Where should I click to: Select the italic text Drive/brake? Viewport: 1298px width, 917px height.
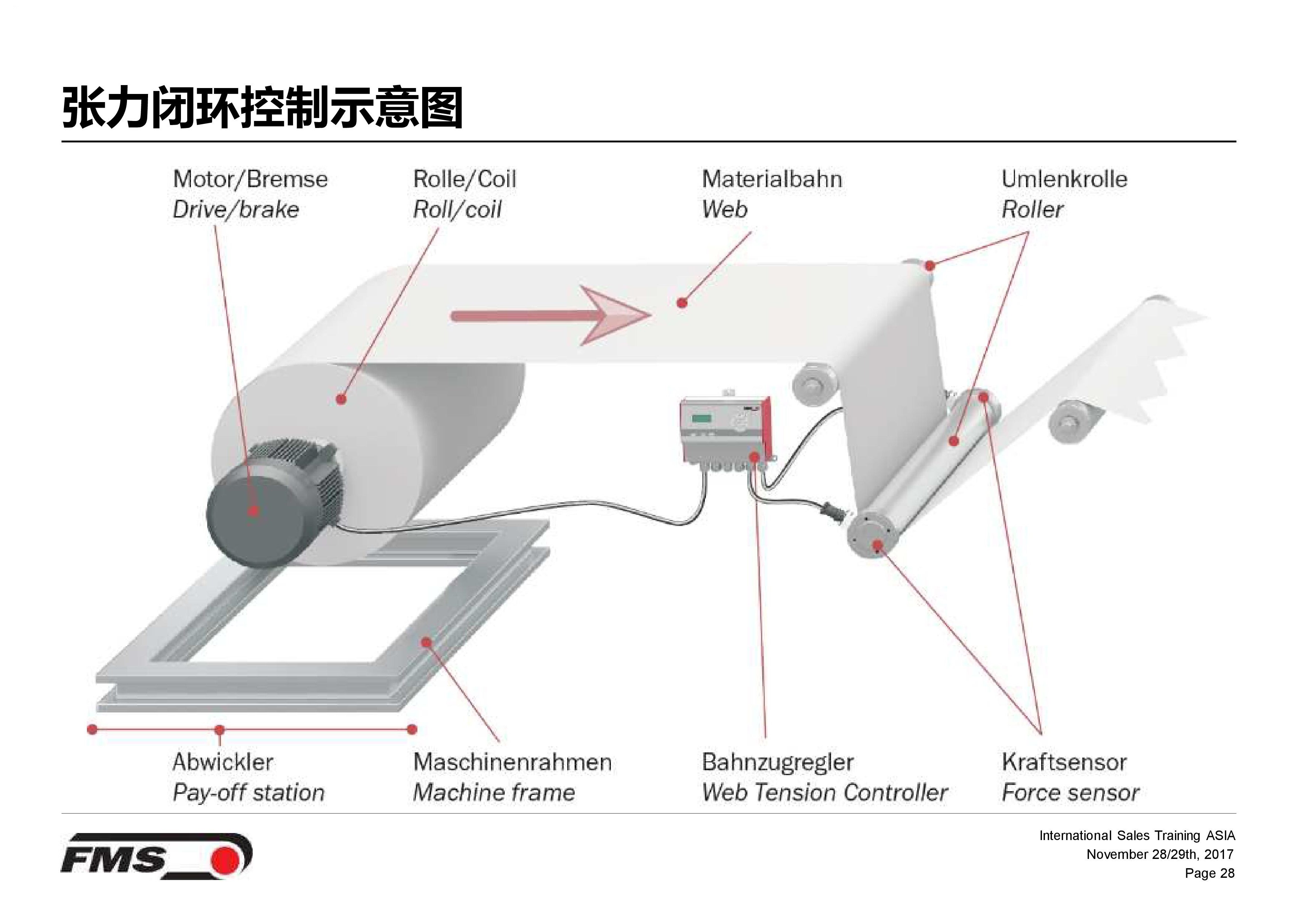(x=235, y=210)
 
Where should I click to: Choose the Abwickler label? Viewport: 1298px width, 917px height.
(x=223, y=762)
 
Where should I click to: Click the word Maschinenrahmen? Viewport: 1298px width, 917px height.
(x=512, y=762)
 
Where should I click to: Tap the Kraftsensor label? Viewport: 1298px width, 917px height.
(x=1064, y=762)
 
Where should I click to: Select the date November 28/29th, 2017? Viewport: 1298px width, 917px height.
(x=1160, y=854)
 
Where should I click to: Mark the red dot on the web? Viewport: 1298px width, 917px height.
(x=682, y=303)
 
